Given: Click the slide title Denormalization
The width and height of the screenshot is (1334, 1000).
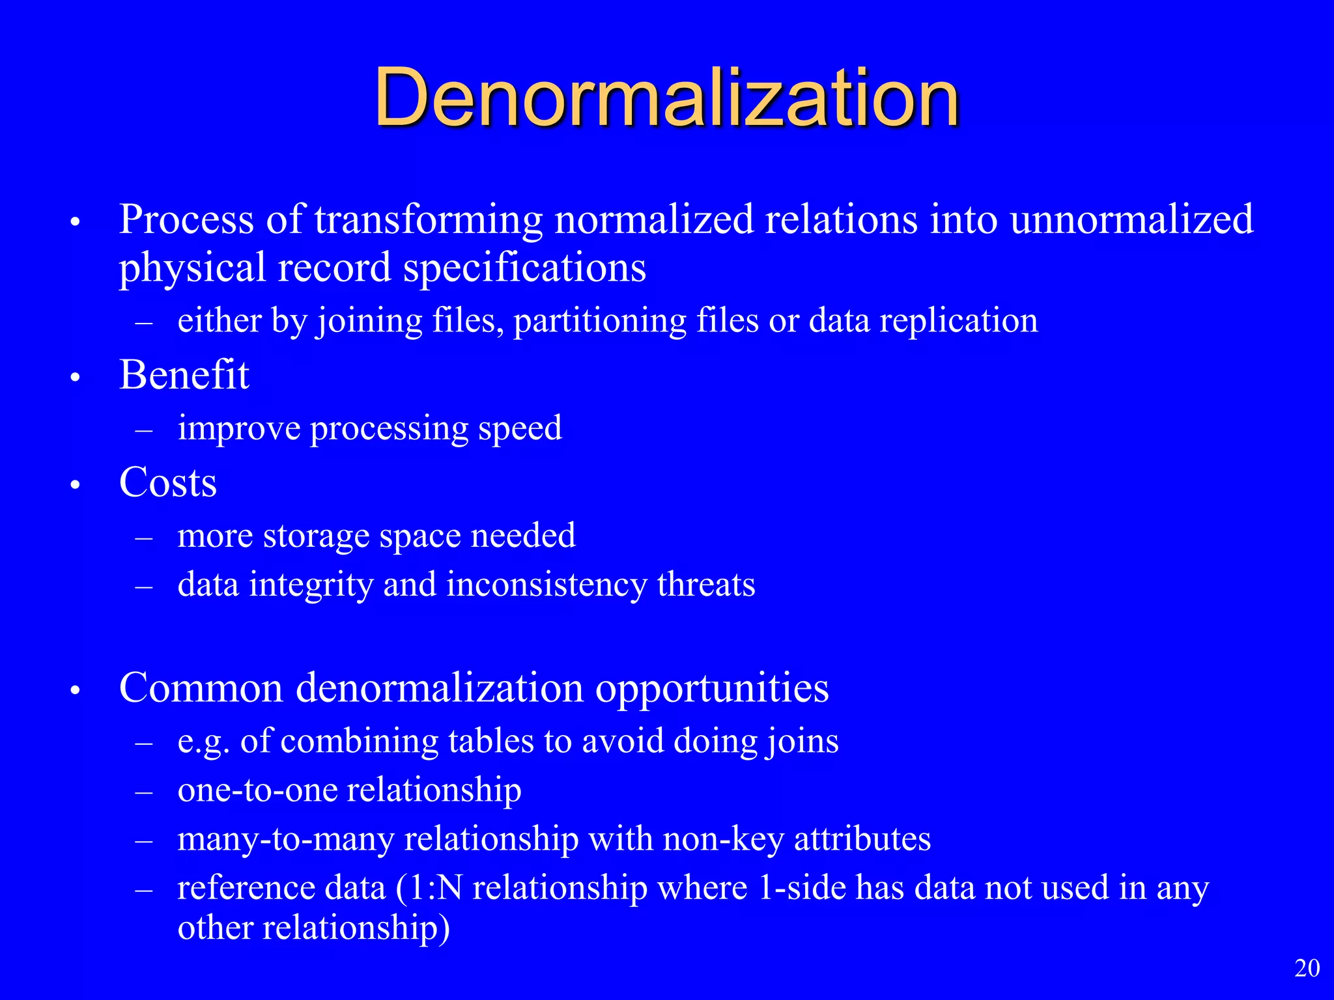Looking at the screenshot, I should [x=666, y=98].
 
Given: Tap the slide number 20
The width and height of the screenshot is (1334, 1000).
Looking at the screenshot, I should [x=1307, y=968].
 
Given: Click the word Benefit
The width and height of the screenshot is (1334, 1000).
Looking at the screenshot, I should [x=184, y=375].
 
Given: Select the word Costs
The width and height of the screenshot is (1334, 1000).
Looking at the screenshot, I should [x=168, y=482].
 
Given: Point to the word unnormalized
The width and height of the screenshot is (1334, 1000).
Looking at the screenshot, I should [x=1131, y=219].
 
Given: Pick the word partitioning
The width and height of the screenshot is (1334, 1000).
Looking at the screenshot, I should [x=600, y=321].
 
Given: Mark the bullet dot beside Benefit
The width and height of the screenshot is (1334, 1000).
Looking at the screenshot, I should [x=76, y=378].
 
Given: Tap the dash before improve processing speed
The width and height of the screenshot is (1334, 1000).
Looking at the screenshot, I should [x=144, y=430].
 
